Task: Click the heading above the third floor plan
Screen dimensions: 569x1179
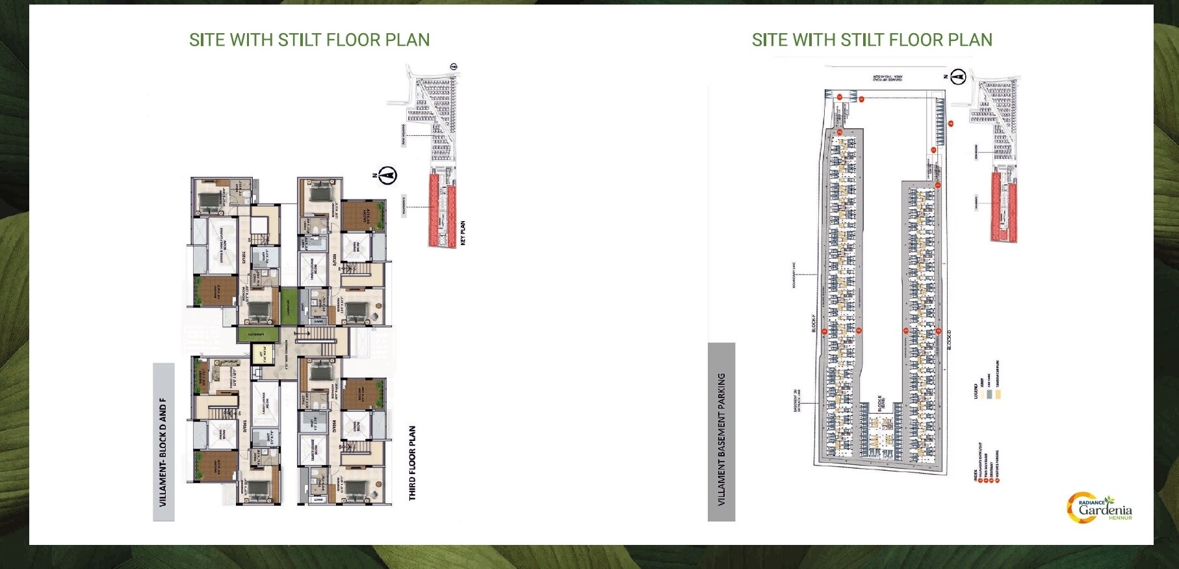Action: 309,40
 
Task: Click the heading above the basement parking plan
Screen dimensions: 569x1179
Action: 872,40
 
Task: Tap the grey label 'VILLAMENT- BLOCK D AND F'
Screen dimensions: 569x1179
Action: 163,442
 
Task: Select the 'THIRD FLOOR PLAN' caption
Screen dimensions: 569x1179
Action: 413,463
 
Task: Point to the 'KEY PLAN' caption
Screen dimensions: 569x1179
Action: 463,233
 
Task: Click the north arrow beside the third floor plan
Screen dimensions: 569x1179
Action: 389,176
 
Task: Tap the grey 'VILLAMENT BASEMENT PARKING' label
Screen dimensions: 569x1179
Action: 721,439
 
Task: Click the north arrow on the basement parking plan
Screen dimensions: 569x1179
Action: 957,77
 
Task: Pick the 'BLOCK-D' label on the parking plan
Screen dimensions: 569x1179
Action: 949,338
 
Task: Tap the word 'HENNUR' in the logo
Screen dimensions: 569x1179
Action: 1121,518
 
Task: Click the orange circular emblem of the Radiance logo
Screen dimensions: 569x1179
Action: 1074,508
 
